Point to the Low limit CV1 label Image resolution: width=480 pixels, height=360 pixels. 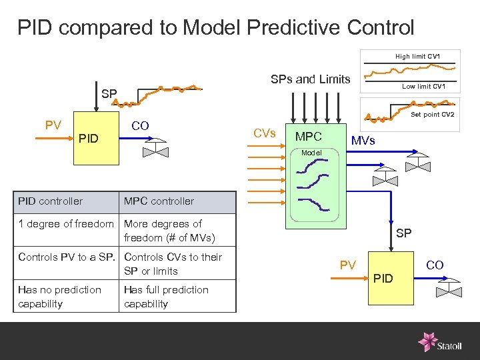423,87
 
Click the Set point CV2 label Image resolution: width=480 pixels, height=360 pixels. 432,115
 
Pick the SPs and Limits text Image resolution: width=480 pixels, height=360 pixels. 310,79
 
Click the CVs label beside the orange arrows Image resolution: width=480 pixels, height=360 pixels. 265,133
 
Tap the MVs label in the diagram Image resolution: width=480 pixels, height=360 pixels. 363,141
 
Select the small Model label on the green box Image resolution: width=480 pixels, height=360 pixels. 311,153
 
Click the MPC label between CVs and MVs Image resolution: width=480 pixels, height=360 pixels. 309,137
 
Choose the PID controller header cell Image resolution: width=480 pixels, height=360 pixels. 51,201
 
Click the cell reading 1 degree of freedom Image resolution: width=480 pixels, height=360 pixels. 66,224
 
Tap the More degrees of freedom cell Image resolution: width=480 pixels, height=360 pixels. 169,231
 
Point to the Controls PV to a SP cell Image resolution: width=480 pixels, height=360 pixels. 67,257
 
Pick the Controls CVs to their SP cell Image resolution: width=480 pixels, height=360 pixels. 173,264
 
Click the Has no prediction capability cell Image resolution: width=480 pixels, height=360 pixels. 60,297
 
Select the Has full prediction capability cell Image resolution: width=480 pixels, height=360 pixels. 167,297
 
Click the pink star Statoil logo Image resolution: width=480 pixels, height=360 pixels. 427,341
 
